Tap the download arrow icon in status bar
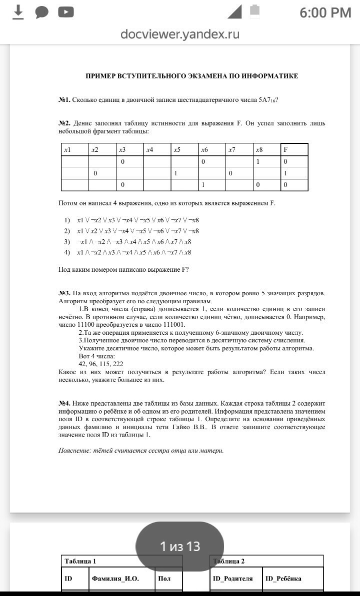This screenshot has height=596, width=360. pyautogui.click(x=18, y=12)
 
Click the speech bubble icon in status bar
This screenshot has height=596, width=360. pyautogui.click(x=41, y=12)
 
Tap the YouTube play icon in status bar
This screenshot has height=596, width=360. pyautogui.click(x=65, y=12)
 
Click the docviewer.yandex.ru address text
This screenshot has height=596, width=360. pyautogui.click(x=180, y=34)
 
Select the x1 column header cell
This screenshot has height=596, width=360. pyautogui.click(x=75, y=149)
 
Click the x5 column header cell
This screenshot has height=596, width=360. pyautogui.click(x=184, y=149)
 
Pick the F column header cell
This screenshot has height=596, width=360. pyautogui.click(x=294, y=149)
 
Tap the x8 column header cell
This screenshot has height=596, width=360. pyautogui.click(x=266, y=149)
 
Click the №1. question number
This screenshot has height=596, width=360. pyautogui.click(x=64, y=100)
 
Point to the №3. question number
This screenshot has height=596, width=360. pyautogui.click(x=64, y=293)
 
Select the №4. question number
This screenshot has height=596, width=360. pyautogui.click(x=64, y=403)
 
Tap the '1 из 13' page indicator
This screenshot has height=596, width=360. pyautogui.click(x=180, y=547)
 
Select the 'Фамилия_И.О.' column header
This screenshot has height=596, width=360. pyautogui.click(x=115, y=579)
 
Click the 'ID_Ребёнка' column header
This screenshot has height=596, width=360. pyautogui.click(x=283, y=579)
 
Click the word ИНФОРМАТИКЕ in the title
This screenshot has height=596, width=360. pyautogui.click(x=270, y=76)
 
